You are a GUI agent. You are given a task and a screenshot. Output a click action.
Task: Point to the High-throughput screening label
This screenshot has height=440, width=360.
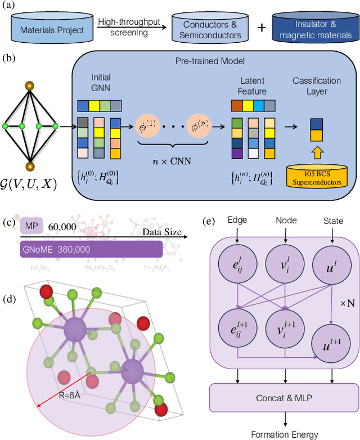pyautogui.click(x=128, y=26)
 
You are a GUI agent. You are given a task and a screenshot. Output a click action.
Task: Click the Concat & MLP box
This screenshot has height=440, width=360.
pyautogui.click(x=282, y=397)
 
